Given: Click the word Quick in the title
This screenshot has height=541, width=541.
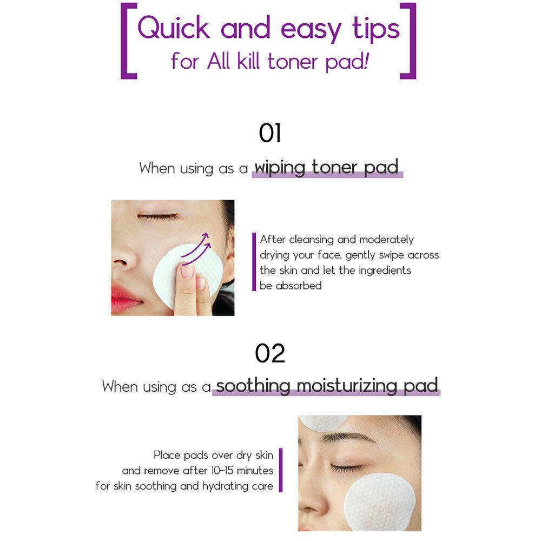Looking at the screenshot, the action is coord(174,28).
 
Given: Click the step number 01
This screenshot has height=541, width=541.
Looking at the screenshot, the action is coord(270,133).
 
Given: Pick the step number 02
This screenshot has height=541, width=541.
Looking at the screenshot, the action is coord(270,353).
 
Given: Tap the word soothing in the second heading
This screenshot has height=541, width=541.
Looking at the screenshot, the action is coord(253,386).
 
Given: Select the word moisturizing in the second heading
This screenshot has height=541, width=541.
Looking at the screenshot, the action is coord(347,386).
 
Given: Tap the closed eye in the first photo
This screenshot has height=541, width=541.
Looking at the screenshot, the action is coord(159,216).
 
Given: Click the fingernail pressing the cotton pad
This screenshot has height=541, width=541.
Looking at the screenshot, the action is coord(188,272).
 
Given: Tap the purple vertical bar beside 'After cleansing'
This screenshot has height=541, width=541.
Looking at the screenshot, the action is coord(254,262).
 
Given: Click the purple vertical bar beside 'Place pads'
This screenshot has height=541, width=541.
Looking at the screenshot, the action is coord(281,470).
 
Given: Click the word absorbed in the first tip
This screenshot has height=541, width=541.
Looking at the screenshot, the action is coord(299,286).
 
